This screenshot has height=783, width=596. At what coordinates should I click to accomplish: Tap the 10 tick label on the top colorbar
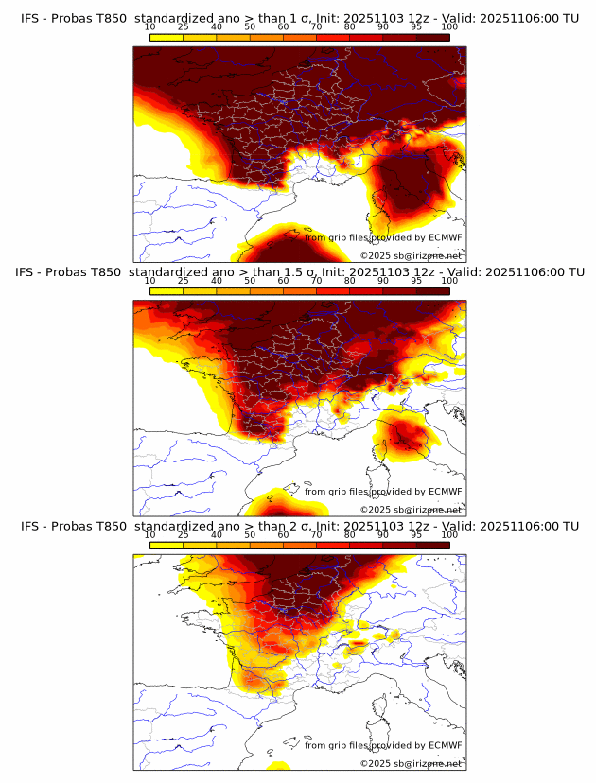tap(150, 27)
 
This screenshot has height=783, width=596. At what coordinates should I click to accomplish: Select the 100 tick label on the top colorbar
tap(449, 27)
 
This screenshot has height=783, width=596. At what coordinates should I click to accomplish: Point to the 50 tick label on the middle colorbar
tap(250, 281)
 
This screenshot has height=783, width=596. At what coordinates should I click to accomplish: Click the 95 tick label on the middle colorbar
tap(416, 281)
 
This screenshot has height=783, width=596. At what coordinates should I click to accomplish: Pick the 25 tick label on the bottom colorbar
tap(184, 535)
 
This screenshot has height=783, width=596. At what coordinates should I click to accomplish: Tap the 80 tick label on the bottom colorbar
tap(350, 535)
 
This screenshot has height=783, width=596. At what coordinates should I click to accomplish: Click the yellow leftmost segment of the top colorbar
tap(167, 38)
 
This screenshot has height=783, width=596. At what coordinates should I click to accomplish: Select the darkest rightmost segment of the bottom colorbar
tap(432, 546)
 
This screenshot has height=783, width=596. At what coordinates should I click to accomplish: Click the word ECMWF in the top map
tap(445, 237)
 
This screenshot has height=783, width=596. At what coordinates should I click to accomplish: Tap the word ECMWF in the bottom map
tap(445, 745)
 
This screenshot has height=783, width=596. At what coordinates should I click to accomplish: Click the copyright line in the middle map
tap(411, 510)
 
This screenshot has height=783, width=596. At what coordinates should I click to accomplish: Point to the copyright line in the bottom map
tap(411, 763)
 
